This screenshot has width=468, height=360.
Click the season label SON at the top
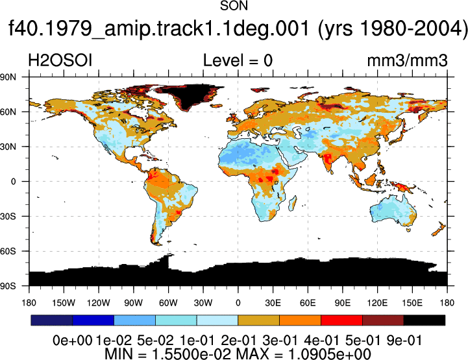[x=234, y=6]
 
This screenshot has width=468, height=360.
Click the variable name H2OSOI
[x=60, y=60]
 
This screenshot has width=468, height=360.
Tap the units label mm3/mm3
[x=408, y=60]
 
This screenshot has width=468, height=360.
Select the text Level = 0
[x=238, y=60]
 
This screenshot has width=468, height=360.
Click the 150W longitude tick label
[x=64, y=303]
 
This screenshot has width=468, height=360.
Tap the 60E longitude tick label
[x=308, y=303]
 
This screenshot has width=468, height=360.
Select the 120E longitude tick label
[x=377, y=303]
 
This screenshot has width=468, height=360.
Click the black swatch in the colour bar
[x=424, y=320]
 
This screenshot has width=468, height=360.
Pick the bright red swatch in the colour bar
[x=341, y=320]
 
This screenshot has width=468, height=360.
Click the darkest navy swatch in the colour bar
[x=52, y=320]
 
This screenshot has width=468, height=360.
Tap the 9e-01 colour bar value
[x=404, y=341]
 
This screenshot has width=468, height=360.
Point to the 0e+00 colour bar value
[x=73, y=341]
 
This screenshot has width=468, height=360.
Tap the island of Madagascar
[x=293, y=202]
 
